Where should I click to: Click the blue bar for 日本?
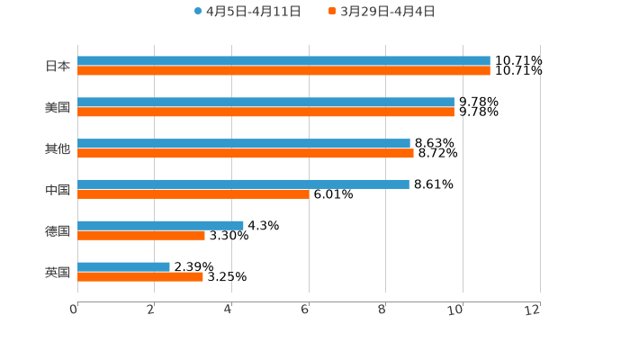[x=283, y=61]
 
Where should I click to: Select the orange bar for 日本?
[x=283, y=71]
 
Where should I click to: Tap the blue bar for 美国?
[x=265, y=103]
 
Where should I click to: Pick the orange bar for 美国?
[x=265, y=112]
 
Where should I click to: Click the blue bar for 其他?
[x=244, y=143]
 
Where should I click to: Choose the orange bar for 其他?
[x=246, y=153]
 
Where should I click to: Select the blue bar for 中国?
[x=243, y=184]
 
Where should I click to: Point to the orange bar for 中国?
[x=193, y=193]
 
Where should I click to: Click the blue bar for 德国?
[x=160, y=225]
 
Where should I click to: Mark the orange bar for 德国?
[x=141, y=235]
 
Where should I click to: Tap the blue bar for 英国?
[x=123, y=266]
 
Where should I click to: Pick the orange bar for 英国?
[x=140, y=276]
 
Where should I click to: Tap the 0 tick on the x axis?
[x=74, y=310]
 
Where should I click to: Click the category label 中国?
[x=58, y=190]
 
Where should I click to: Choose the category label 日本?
[x=58, y=67]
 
